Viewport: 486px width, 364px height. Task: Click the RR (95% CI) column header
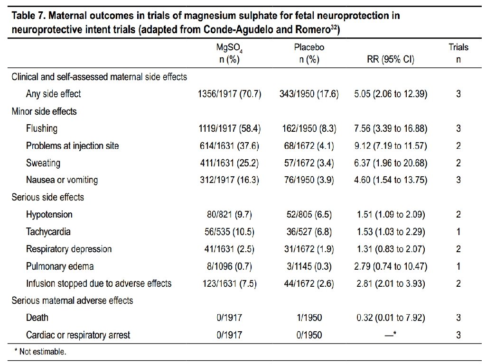(x=391, y=59)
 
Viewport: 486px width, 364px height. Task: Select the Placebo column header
(x=309, y=53)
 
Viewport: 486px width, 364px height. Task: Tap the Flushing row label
(x=42, y=128)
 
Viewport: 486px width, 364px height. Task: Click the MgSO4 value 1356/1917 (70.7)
(x=229, y=94)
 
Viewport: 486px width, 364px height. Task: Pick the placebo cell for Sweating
(x=309, y=163)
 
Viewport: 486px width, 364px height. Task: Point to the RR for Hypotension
(x=391, y=215)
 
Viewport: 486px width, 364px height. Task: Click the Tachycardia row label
(x=48, y=232)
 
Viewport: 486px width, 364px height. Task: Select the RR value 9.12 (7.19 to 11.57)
(x=391, y=146)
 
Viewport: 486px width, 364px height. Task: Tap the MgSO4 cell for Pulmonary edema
(x=229, y=266)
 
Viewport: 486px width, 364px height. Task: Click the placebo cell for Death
(x=309, y=318)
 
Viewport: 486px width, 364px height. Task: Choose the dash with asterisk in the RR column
(x=391, y=334)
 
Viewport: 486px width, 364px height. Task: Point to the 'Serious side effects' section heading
(x=48, y=197)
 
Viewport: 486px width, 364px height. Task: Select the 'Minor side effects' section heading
(x=44, y=111)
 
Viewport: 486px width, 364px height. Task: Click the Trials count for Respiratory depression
(x=458, y=249)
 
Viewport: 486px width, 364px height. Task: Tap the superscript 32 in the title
(x=334, y=27)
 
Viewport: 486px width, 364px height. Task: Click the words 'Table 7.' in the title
(x=28, y=16)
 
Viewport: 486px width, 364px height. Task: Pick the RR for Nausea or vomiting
(x=391, y=180)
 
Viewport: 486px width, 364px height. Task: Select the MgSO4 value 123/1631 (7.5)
(x=229, y=283)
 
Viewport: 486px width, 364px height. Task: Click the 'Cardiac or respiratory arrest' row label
(x=78, y=335)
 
